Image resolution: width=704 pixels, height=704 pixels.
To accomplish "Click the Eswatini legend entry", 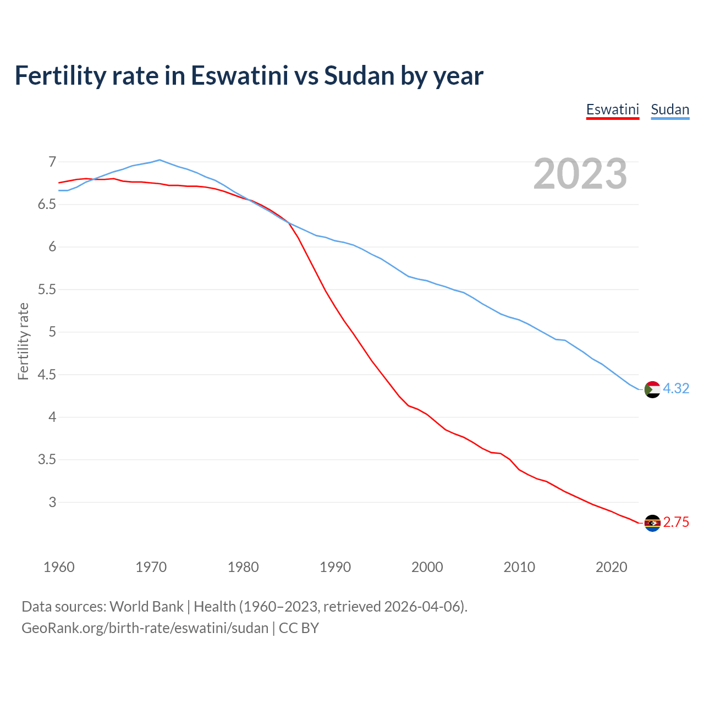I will coord(612,109).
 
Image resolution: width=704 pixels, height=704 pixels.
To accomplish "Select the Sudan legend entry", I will coord(670,109).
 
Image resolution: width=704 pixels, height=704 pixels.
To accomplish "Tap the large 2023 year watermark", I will coord(580,174).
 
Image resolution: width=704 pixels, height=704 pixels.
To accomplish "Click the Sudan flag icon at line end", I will coord(652,389).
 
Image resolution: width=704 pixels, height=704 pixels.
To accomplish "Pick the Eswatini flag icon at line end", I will coord(652,523).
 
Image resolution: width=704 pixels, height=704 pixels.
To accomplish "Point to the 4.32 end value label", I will coord(676,389).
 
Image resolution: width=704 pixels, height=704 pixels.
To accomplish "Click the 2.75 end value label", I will coord(676,522).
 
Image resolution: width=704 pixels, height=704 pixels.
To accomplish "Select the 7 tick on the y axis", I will coord(52,162).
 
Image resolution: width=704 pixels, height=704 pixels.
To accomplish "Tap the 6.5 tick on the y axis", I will coord(47,205).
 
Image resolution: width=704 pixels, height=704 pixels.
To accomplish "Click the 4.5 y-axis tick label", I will coord(47,375).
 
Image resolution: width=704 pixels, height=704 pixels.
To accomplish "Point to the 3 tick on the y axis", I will coord(52,502).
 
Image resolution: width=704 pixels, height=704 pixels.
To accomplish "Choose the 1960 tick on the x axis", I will coord(59,567).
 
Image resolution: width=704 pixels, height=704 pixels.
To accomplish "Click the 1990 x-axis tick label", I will coord(335,567).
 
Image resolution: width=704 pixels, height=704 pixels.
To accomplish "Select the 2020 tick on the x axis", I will coord(611,567).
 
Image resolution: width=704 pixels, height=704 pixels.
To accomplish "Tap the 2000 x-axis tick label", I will coord(427,567).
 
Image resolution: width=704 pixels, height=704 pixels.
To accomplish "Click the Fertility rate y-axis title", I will coord(23,341).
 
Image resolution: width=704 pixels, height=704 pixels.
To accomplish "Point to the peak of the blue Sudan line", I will coord(159,160).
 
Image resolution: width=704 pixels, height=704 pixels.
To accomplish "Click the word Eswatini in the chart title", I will coord(239,75).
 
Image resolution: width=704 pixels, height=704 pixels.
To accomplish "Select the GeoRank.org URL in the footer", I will coord(145,628).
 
